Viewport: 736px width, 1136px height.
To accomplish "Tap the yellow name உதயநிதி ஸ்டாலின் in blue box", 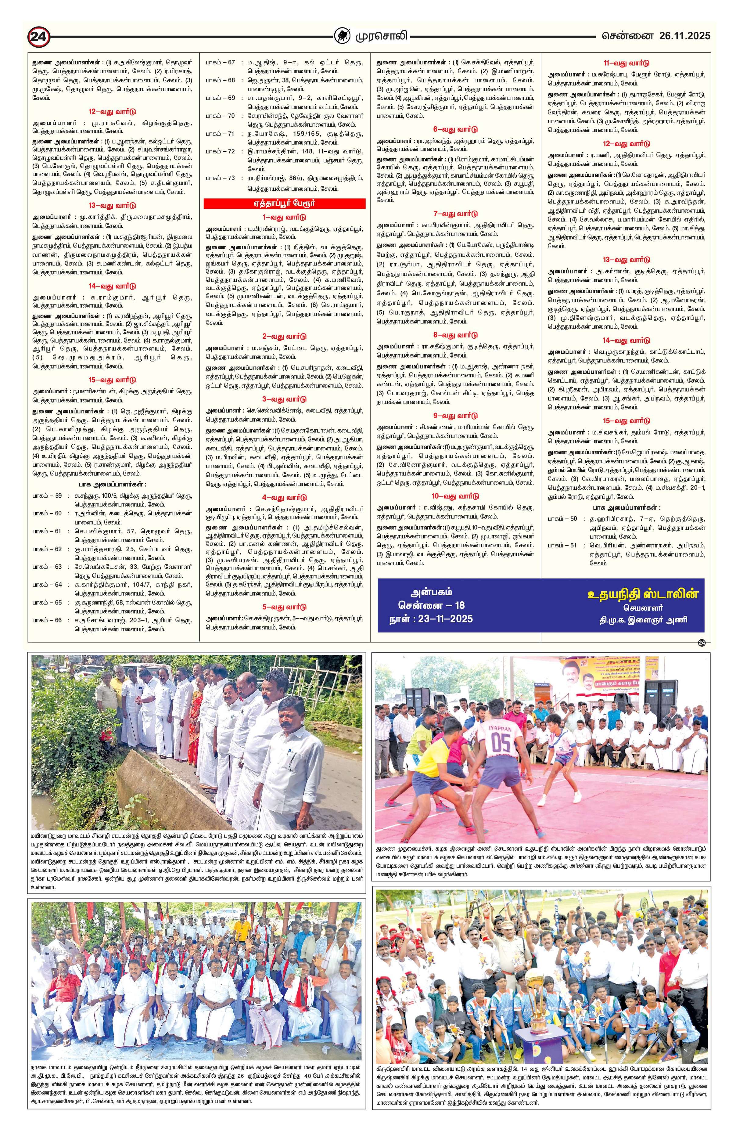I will [x=642, y=594].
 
